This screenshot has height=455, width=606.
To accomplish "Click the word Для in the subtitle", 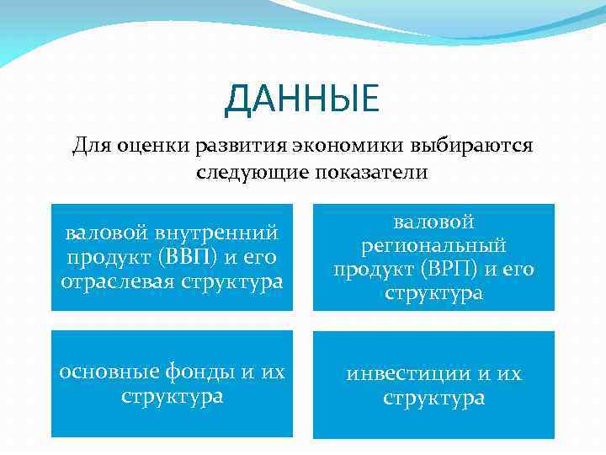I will [x=89, y=146].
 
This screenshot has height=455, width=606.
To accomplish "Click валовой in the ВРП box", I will [x=433, y=222].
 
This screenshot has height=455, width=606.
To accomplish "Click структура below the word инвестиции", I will [x=433, y=397].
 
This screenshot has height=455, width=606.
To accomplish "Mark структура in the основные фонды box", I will [x=172, y=395].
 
